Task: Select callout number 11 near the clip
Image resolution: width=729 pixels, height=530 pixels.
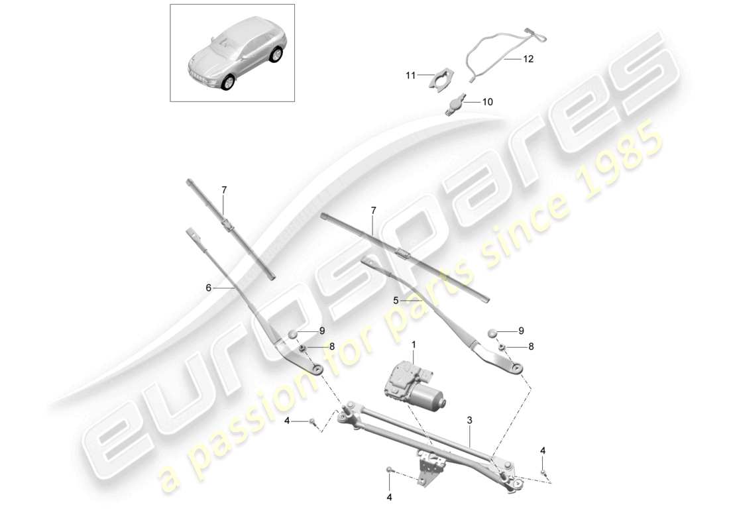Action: pos(410,75)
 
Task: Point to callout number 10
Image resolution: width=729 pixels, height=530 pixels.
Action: pos(487,102)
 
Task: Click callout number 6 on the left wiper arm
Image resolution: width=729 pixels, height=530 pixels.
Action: pos(208,288)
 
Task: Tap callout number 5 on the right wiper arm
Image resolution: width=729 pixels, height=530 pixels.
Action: pos(396,301)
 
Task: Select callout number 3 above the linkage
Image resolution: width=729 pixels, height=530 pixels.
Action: pos(470,420)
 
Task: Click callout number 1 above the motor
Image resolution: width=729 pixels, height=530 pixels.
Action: pos(414,344)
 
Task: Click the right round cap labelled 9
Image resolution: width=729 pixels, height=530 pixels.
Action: pos(492,333)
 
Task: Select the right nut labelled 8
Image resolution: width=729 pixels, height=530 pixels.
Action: pos(502,347)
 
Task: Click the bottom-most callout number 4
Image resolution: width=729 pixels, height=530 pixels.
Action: pos(389,498)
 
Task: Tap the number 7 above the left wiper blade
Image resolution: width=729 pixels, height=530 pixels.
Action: pos(224,189)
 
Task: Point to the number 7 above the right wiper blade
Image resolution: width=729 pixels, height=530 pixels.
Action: pos(373,211)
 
